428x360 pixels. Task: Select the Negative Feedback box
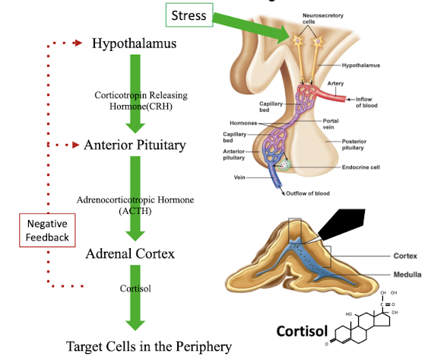(x=47, y=230)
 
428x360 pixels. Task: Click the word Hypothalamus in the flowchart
(x=135, y=43)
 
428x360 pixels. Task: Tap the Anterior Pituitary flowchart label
(x=135, y=144)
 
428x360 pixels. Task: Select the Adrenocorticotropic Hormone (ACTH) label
(x=135, y=205)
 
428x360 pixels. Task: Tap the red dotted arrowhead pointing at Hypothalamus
(x=78, y=43)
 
